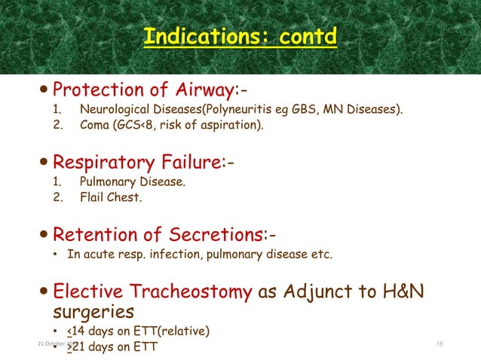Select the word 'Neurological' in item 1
click(112, 111)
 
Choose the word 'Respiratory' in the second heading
click(112, 162)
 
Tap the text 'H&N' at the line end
click(397, 291)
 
